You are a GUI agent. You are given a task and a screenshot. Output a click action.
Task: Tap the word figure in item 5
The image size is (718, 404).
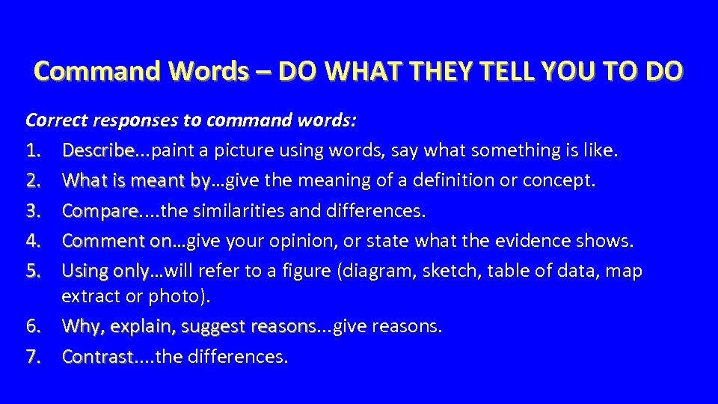click(313, 271)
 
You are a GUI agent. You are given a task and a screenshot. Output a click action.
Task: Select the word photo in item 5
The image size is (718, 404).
click(184, 296)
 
